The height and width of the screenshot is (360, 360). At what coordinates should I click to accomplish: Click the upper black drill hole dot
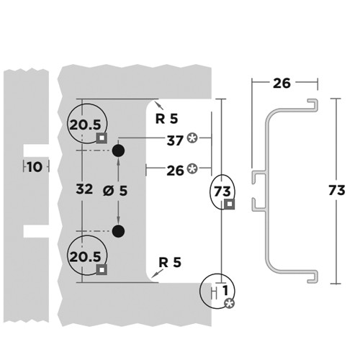click(x=118, y=150)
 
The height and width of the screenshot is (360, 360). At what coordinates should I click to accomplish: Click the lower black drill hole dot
click(x=118, y=231)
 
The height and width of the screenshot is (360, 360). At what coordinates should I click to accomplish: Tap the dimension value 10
click(x=35, y=167)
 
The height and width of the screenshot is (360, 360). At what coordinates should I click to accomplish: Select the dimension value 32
click(x=84, y=189)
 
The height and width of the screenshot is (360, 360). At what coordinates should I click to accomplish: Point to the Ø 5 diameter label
click(x=115, y=191)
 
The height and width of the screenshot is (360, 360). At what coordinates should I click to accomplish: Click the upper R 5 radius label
click(x=166, y=119)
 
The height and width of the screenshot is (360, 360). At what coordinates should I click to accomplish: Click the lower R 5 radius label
click(x=170, y=262)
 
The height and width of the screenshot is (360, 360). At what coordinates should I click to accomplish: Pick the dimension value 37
click(x=175, y=140)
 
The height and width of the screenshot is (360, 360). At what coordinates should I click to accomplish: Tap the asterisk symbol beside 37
click(x=192, y=138)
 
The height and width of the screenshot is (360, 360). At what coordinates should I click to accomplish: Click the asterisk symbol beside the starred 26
click(x=192, y=168)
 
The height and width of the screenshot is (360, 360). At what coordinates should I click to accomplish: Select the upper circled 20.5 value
click(x=85, y=125)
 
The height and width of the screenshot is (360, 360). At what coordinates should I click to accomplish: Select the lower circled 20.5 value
click(x=85, y=257)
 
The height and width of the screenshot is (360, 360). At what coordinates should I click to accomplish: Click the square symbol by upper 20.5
click(x=102, y=138)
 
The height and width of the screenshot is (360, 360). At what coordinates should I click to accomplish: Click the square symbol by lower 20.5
click(x=102, y=269)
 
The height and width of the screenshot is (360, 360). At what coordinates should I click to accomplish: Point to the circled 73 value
click(x=222, y=192)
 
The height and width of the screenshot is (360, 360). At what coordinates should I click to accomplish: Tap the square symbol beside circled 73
click(x=230, y=204)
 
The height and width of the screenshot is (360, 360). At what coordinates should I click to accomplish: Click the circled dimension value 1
click(x=225, y=290)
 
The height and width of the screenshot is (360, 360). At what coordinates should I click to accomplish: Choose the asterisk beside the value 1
click(x=229, y=303)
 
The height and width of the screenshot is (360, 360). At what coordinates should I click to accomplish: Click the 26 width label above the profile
click(x=282, y=84)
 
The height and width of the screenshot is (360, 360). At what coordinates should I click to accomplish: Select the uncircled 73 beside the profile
click(x=337, y=190)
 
